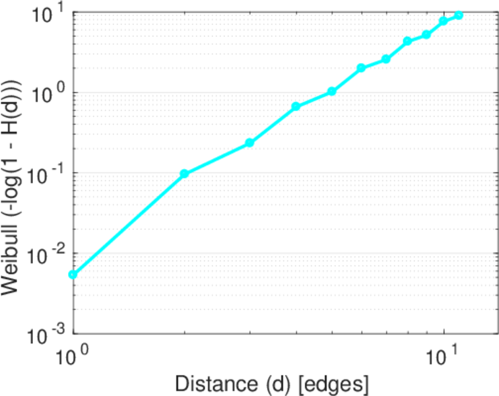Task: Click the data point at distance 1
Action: [73, 275]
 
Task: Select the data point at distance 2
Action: [185, 174]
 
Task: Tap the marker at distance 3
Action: [249, 143]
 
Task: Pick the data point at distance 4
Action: [296, 106]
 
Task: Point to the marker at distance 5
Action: [332, 91]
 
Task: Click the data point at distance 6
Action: [361, 68]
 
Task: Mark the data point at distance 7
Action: [386, 59]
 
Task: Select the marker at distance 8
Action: [408, 41]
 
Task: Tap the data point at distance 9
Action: [426, 34]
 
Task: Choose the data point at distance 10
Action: [444, 21]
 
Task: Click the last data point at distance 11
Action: [459, 15]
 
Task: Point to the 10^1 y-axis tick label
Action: [48, 13]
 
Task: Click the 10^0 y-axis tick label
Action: [48, 93]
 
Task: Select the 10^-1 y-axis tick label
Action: [45, 174]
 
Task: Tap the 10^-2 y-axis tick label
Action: [45, 253]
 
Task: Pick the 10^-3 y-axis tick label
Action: [45, 334]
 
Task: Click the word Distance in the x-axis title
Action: [205, 383]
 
